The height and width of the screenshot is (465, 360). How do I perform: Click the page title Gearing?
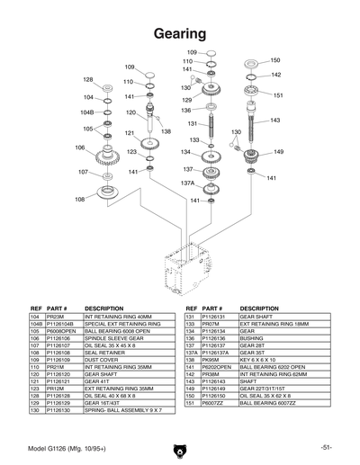(x=179, y=33)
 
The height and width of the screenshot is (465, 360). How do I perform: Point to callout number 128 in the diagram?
(x=88, y=79)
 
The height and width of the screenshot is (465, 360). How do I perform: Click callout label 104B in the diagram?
(x=87, y=112)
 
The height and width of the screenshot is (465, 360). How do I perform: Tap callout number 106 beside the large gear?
(x=79, y=148)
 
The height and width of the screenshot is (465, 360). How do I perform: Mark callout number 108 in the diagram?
(x=79, y=199)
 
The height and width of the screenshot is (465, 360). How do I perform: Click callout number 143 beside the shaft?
(x=275, y=120)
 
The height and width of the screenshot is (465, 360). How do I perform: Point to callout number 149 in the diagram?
(x=278, y=152)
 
